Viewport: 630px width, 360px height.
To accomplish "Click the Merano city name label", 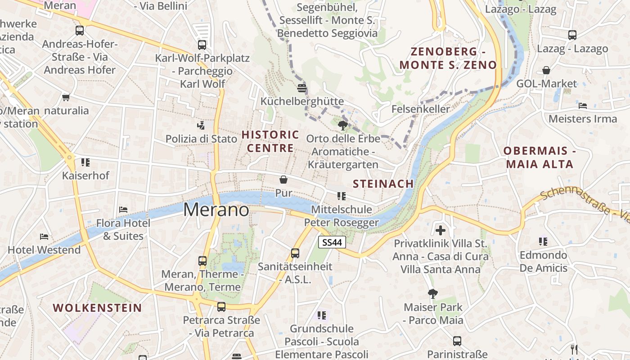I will coord(216,210).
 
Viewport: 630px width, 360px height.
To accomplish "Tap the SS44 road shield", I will coord(332,242).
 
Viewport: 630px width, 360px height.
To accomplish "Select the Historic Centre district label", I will coord(270,141).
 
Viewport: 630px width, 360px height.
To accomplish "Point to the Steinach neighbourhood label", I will coord(383,184).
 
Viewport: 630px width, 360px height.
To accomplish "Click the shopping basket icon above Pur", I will coord(283,180).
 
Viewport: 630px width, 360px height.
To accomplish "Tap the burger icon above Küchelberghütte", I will coord(302,88).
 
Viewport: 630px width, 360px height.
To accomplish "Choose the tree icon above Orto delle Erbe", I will coord(343,125).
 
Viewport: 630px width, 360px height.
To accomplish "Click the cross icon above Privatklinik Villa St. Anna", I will coord(441,230).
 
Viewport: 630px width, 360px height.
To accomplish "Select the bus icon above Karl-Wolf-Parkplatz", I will coord(202,45).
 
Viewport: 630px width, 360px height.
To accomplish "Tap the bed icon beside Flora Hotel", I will coord(123,209).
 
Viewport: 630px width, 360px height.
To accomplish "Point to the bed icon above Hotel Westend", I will coord(44,236).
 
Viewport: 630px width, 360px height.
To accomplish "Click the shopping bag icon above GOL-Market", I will coord(546,70).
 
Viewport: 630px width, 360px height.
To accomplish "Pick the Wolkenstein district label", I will coord(97,308).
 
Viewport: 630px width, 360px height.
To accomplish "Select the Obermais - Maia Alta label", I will coord(539,157).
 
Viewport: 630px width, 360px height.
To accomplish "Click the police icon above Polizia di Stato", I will coord(201,125).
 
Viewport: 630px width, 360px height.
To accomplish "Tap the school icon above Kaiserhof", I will coord(85,162).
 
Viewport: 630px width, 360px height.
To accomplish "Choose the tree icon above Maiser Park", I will coord(433,294).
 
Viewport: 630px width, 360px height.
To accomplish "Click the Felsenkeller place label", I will coord(420,109).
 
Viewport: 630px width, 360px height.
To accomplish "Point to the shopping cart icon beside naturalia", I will coord(66,97).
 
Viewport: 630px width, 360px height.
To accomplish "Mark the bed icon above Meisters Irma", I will coord(583,106).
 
